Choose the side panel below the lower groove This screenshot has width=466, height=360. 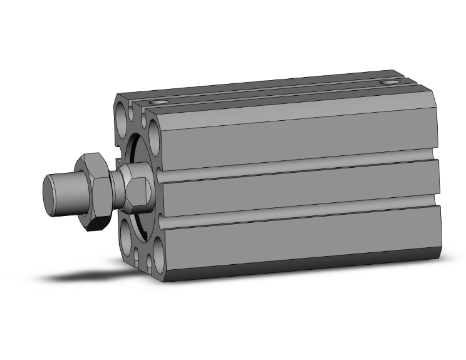294,241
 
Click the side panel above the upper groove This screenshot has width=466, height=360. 294,135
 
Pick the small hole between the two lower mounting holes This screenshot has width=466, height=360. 140,253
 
